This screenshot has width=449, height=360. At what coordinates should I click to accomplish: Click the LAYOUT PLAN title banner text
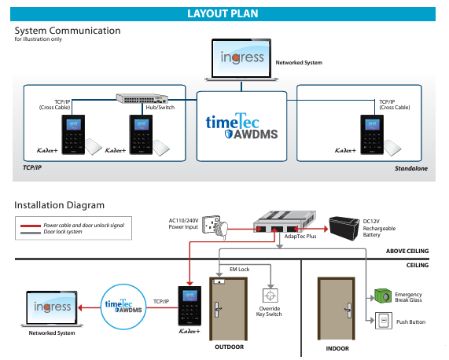(223, 13)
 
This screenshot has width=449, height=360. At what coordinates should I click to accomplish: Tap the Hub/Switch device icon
(142, 98)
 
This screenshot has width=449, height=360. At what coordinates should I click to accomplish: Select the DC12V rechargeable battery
(344, 228)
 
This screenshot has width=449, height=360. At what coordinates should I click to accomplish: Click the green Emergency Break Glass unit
(383, 296)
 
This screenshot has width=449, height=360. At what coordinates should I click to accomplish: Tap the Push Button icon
(384, 321)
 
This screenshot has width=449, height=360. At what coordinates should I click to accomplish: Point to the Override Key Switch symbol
(270, 296)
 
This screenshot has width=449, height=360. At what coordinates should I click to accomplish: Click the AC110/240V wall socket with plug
(215, 227)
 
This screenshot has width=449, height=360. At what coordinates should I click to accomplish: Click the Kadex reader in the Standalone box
(372, 134)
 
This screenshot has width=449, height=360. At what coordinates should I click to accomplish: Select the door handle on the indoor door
(348, 310)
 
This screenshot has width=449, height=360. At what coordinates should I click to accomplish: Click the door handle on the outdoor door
(218, 310)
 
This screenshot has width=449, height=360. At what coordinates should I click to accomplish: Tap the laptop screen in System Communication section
(241, 58)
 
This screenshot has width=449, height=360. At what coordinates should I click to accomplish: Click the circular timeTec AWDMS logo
(123, 307)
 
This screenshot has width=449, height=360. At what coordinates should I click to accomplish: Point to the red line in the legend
(31, 226)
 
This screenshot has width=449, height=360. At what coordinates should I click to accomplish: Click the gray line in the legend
(31, 233)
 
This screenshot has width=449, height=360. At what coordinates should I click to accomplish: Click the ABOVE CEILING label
(407, 251)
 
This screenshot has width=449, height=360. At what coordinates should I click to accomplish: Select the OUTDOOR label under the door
(229, 347)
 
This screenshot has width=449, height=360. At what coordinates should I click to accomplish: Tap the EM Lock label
(239, 270)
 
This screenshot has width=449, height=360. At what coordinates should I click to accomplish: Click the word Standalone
(411, 168)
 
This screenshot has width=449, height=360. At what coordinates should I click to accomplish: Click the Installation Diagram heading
(59, 205)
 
